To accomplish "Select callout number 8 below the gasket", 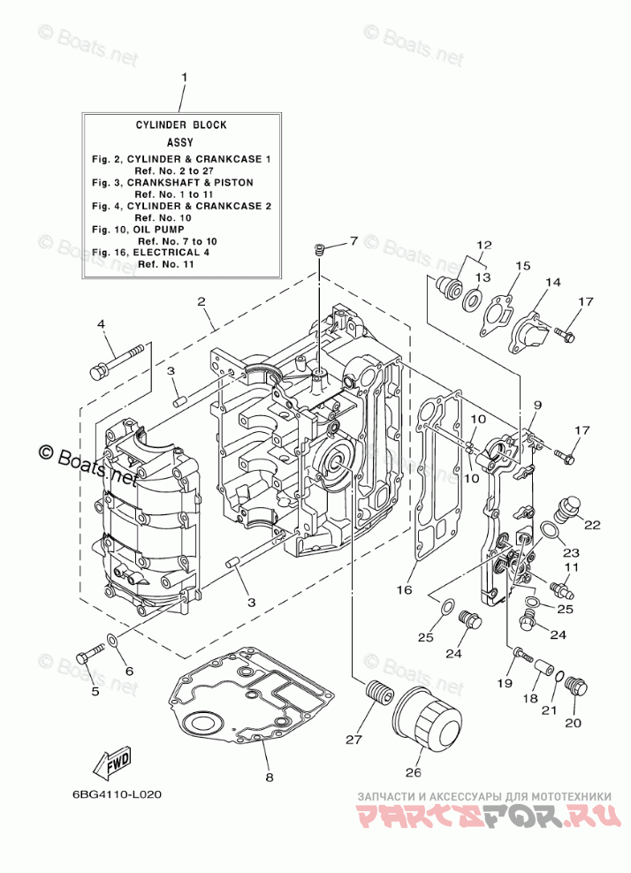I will pos(269,778).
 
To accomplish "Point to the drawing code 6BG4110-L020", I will pos(118,793).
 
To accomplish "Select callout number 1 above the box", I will pos(185,78).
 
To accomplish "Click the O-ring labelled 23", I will pos(548,530).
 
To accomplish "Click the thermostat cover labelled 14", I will pos(541,322).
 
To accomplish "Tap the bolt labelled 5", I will pos(88,656).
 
